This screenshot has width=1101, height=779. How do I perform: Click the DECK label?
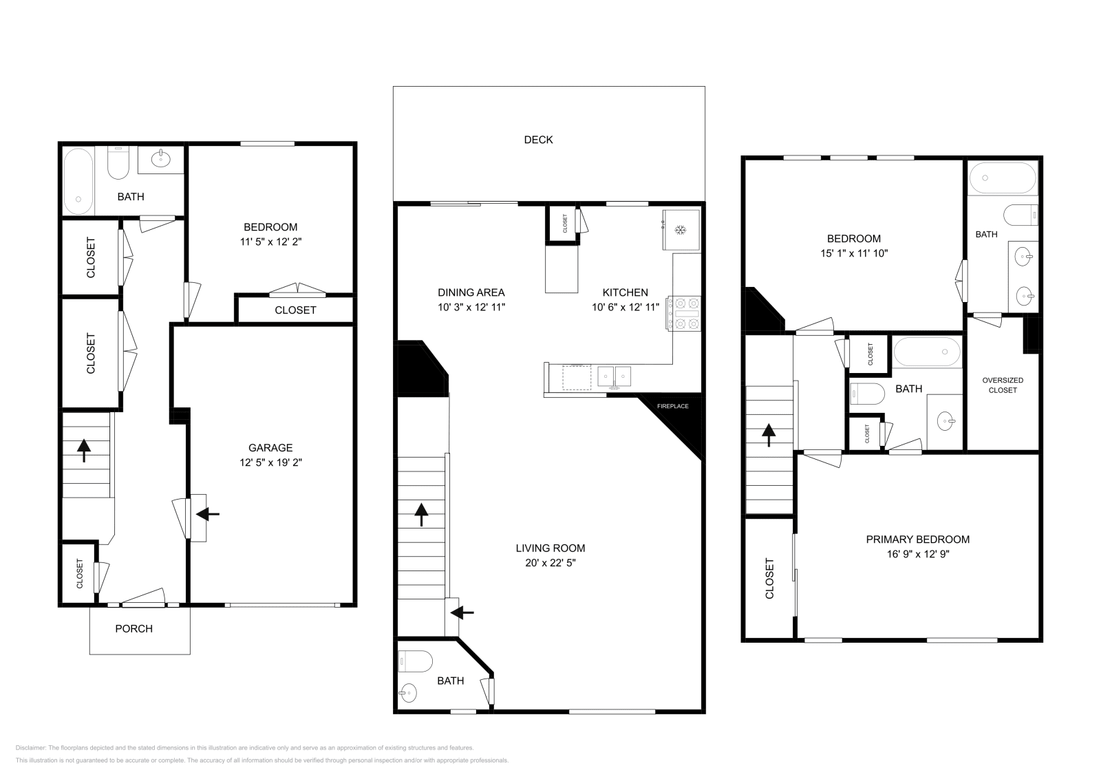538,140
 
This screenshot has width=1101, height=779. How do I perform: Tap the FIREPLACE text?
672,407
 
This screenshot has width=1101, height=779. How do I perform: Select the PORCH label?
133,628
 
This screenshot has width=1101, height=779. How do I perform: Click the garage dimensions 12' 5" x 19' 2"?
270,462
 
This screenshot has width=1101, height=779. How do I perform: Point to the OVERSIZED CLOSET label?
1003,385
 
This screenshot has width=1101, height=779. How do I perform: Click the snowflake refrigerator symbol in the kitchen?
681,230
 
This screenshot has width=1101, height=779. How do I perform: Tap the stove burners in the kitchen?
684,314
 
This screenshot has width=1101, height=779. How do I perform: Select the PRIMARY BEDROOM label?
918,539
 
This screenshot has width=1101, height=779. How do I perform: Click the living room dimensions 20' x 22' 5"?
550,563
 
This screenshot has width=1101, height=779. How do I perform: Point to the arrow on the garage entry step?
208,515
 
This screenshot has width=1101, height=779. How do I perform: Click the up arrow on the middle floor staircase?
421,515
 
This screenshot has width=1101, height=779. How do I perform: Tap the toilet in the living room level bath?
416,662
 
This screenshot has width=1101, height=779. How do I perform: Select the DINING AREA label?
471,293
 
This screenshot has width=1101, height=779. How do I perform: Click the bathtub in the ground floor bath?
78,182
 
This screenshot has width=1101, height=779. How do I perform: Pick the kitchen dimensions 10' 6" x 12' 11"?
626,308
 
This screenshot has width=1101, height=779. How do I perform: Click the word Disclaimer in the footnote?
30,748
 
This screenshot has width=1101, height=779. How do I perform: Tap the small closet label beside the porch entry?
80,573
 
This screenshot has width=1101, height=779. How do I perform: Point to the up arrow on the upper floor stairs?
769,436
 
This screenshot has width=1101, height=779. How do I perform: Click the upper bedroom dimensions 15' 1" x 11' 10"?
854,254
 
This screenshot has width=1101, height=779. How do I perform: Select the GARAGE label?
270,448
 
